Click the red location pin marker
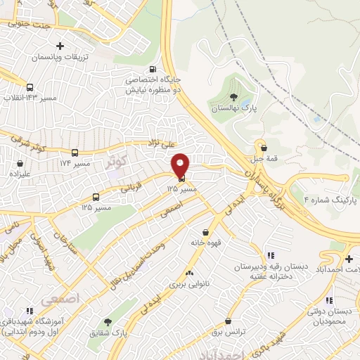(181, 166)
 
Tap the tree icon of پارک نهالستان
(233, 97)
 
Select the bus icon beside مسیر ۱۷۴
(75, 152)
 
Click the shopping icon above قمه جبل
(264, 148)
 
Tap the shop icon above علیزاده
(16, 161)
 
